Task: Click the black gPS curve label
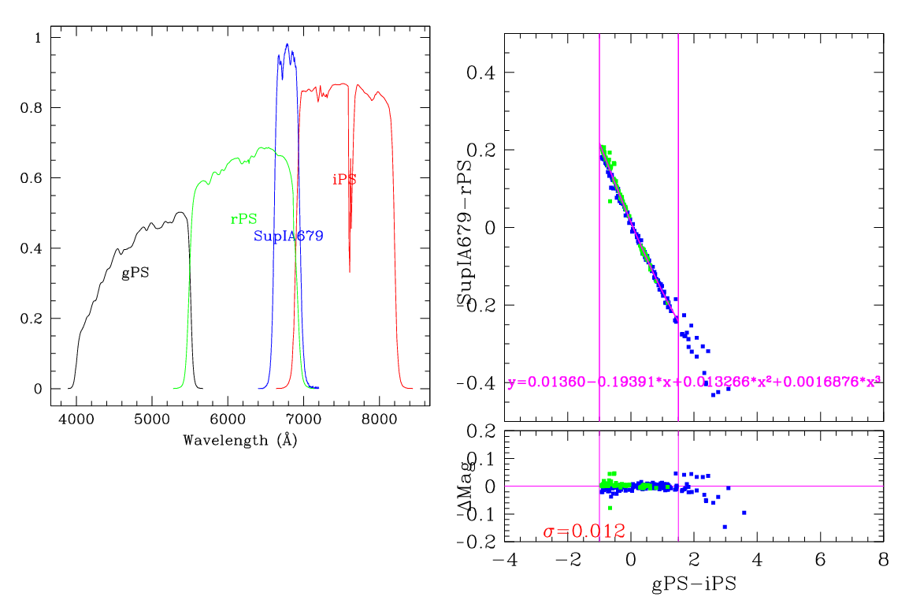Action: coord(135,274)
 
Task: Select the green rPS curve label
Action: coord(243,220)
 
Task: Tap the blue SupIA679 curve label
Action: coord(288,236)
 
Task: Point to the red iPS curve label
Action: coord(344,180)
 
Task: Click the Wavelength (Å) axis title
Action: coord(239,440)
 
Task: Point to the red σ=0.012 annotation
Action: coord(584,531)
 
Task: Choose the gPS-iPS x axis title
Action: coord(694,585)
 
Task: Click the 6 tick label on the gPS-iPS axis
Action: coord(820,561)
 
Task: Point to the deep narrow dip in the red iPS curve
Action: coord(350,268)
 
